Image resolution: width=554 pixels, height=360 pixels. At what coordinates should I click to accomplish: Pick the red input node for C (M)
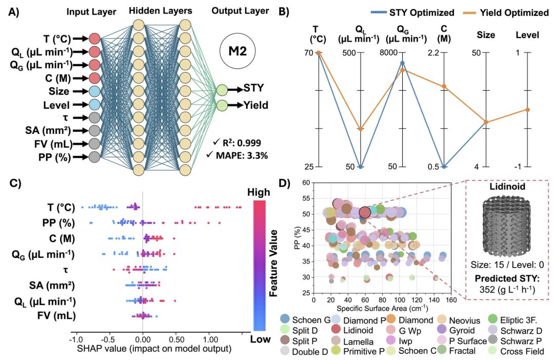(94, 78)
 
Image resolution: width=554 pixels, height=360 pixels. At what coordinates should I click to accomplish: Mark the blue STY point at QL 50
(361, 167)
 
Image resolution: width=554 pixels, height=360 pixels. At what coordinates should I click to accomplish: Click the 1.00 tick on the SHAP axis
(209, 339)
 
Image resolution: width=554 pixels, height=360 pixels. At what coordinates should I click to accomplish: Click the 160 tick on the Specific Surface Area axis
(451, 299)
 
